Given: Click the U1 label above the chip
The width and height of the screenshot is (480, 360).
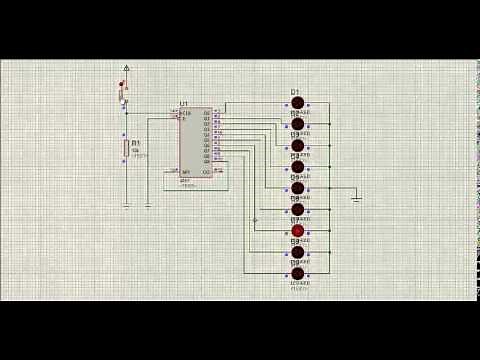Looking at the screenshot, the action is pyautogui.click(x=184, y=104).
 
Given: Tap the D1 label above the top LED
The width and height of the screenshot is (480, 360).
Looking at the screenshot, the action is pyautogui.click(x=295, y=93).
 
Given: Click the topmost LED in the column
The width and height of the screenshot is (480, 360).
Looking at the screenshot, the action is pyautogui.click(x=297, y=102).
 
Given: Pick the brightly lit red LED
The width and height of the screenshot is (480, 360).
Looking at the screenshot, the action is pyautogui.click(x=297, y=231).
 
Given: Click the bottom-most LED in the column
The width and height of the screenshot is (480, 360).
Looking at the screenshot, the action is pyautogui.click(x=297, y=273).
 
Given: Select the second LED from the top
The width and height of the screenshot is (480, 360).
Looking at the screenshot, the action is pyautogui.click(x=297, y=124).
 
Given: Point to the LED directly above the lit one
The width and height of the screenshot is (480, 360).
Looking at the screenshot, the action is pyautogui.click(x=297, y=209).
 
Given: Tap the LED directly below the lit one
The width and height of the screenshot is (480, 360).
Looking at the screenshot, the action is pyautogui.click(x=297, y=252).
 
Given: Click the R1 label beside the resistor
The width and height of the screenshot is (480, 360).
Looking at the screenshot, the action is pyautogui.click(x=135, y=143).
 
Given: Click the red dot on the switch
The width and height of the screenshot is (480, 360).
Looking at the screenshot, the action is pyautogui.click(x=122, y=85).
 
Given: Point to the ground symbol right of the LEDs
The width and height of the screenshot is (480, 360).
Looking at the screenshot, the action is pyautogui.click(x=356, y=198).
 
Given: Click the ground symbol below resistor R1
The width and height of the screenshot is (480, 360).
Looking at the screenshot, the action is pyautogui.click(x=126, y=206).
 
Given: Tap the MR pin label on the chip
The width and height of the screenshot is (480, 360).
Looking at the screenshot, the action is pyautogui.click(x=185, y=172).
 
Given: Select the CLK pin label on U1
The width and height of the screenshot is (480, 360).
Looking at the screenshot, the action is pyautogui.click(x=186, y=113).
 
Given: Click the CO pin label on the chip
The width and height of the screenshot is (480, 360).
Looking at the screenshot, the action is pyautogui.click(x=206, y=172).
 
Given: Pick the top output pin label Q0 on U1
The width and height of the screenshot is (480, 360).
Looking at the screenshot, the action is pyautogui.click(x=206, y=113).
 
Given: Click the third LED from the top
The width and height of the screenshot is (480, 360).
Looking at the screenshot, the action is pyautogui.click(x=297, y=145).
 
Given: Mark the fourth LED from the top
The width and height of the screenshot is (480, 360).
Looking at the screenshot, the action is pyautogui.click(x=297, y=166).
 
